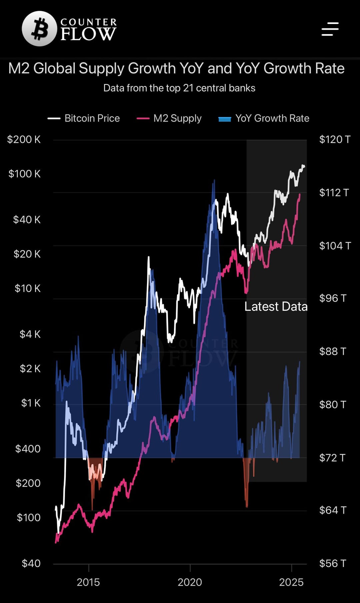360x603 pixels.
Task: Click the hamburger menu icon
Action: (x=330, y=29)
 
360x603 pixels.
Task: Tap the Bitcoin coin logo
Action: (x=39, y=29)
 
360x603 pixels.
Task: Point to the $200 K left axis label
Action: (x=24, y=139)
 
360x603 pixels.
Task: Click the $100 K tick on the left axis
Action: (x=25, y=174)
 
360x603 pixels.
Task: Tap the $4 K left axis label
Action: (x=30, y=334)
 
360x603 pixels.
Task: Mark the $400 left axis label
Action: (x=28, y=449)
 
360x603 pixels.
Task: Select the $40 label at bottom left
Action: (x=31, y=564)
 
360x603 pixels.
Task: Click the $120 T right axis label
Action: (x=335, y=139)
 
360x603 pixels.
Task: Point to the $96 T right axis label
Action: (x=333, y=298)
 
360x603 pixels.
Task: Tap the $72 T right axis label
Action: (x=333, y=458)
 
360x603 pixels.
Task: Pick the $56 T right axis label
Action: (x=333, y=564)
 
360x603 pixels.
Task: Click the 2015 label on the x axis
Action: (x=88, y=582)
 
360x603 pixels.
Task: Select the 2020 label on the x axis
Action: (x=190, y=582)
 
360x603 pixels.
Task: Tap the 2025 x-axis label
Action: (x=291, y=582)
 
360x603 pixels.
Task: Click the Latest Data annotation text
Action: (x=276, y=307)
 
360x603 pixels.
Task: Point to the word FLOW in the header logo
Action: (x=88, y=34)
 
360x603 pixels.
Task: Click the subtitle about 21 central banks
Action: (x=179, y=88)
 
